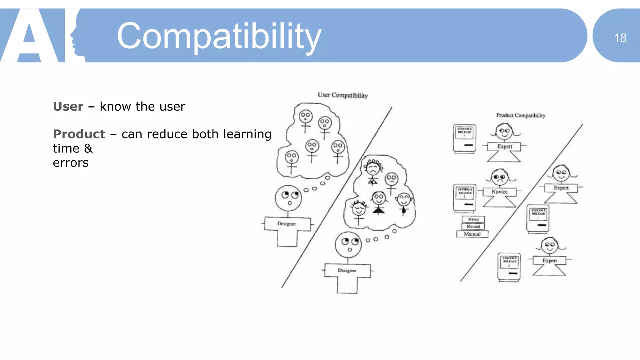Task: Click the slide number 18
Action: pyautogui.click(x=620, y=38)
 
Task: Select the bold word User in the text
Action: pyautogui.click(x=68, y=107)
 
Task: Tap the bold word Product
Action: pyautogui.click(x=79, y=134)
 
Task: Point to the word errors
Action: pyautogui.click(x=71, y=163)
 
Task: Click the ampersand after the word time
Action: pyautogui.click(x=88, y=148)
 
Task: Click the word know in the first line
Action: pyautogui.click(x=115, y=107)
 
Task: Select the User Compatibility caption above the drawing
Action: pyautogui.click(x=342, y=95)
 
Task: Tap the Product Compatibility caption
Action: pyautogui.click(x=521, y=115)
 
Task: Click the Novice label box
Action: pyautogui.click(x=499, y=192)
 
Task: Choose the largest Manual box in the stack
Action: pyautogui.click(x=472, y=234)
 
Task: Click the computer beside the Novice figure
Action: pyautogui.click(x=465, y=198)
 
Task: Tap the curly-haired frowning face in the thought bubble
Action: pyautogui.click(x=373, y=169)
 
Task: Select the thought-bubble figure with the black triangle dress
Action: pyautogui.click(x=379, y=203)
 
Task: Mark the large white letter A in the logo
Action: pyautogui.click(x=30, y=37)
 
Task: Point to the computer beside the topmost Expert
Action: pyautogui.click(x=465, y=139)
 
